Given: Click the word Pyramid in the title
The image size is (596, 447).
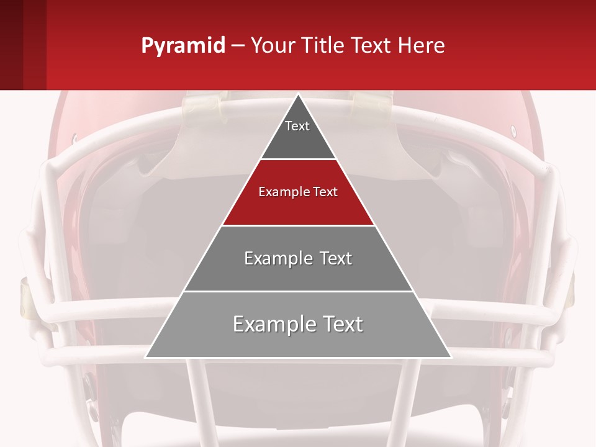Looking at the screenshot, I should [x=183, y=46].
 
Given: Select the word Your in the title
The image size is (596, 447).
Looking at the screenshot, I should [x=272, y=46].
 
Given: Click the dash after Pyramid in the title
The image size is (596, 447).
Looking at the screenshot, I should [x=238, y=46].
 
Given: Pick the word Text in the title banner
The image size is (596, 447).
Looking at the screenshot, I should [x=372, y=46].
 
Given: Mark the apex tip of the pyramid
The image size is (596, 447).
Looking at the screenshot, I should [x=298, y=95].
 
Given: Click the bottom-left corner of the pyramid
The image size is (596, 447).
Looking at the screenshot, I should [x=146, y=357].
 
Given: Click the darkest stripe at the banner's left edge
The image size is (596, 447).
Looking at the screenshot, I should [x=11, y=45].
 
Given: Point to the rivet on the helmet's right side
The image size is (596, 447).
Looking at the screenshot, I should [x=513, y=130].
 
